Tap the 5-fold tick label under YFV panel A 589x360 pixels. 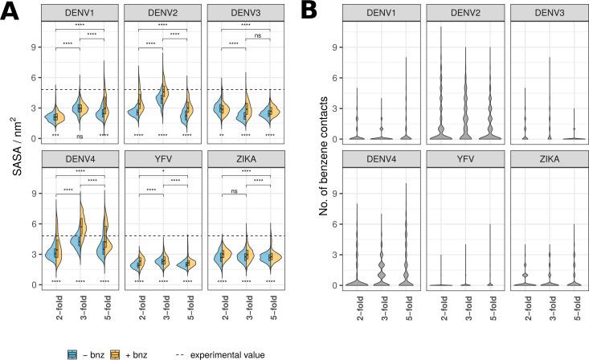(x=187, y=308)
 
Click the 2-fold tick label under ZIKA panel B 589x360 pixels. (x=517, y=308)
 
